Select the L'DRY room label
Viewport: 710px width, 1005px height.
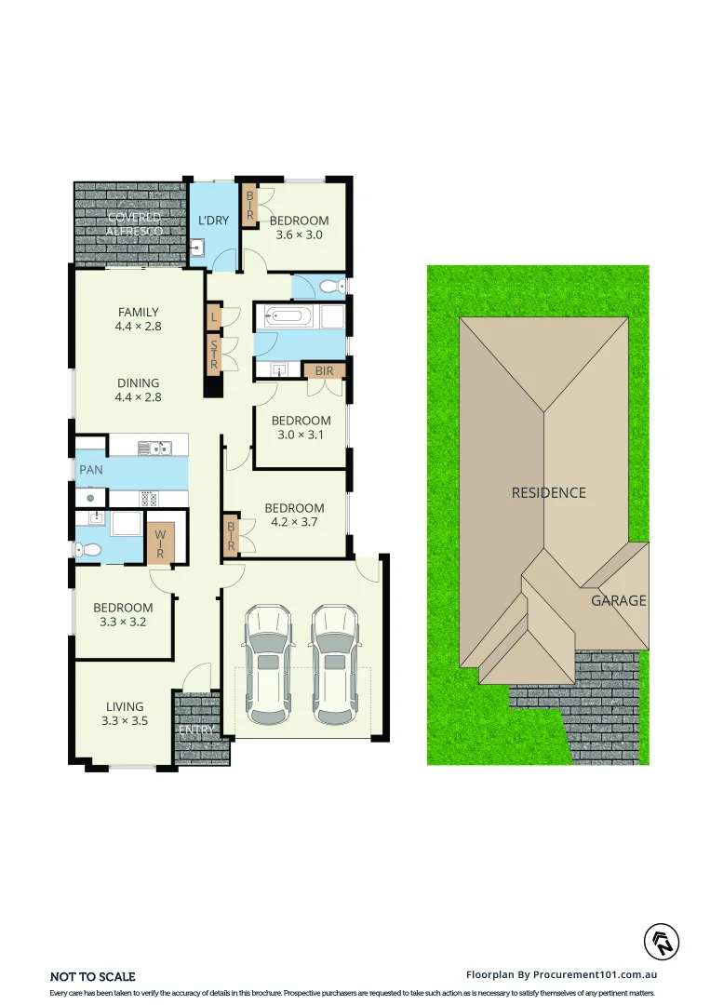coord(214,221)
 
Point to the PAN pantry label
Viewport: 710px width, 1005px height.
coord(91,470)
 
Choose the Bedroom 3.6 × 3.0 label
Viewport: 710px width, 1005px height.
coord(299,227)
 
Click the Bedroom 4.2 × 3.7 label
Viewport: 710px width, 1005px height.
coord(294,515)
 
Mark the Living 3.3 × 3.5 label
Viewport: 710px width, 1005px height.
coord(124,713)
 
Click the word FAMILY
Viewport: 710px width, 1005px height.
coord(138,313)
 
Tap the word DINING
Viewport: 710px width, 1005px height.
coord(138,383)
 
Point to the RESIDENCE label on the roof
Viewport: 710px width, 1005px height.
coord(549,492)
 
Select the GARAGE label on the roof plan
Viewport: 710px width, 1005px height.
coord(618,600)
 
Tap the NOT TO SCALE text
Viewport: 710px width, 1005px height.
coord(92,976)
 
